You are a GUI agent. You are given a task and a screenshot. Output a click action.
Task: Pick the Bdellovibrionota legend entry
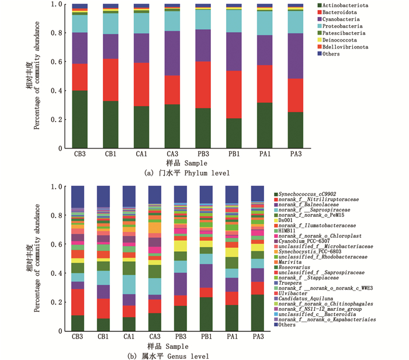(x=348, y=47)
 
